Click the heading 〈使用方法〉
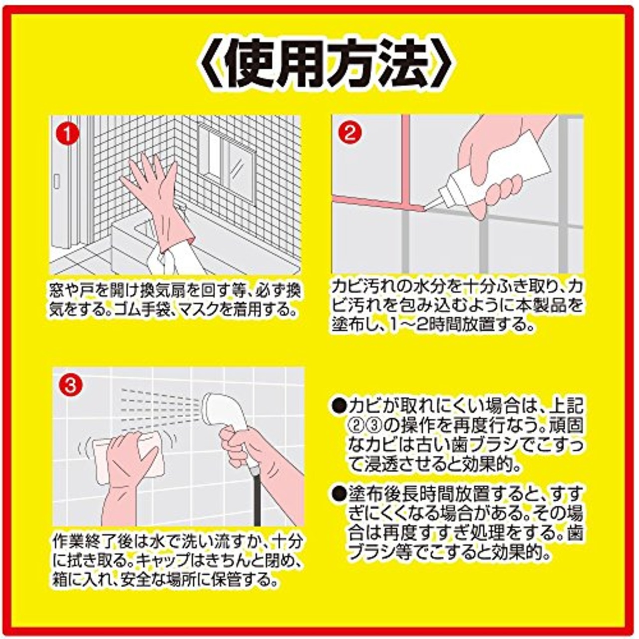(x=319, y=65)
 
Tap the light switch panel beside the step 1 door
(x=57, y=182)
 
